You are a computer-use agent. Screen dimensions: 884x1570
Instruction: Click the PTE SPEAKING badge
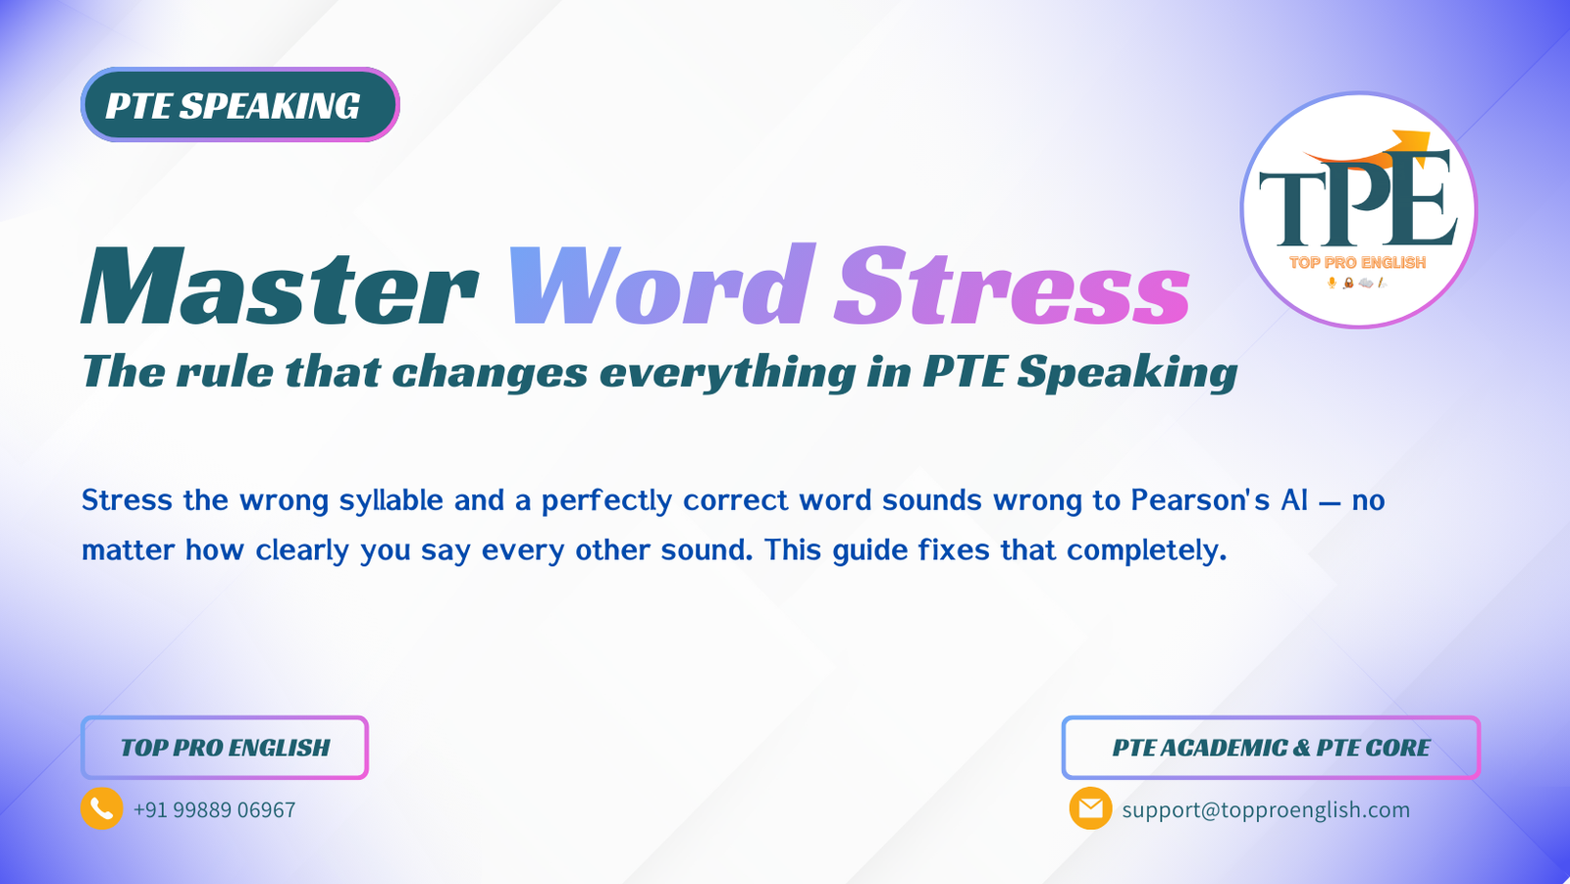coord(239,105)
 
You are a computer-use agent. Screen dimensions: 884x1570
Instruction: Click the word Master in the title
coord(281,286)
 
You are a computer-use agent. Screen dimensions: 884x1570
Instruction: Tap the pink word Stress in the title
coord(1012,286)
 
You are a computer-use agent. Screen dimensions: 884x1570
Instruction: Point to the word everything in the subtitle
coord(727,373)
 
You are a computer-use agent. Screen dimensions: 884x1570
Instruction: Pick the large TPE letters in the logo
coord(1358,201)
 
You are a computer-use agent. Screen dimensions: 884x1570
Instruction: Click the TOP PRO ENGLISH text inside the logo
coord(1357,263)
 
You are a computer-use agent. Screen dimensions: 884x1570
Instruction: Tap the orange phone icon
coord(102,808)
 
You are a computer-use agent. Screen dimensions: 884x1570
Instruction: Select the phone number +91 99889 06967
coord(214,810)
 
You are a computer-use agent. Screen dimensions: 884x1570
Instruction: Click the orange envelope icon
coord(1090,808)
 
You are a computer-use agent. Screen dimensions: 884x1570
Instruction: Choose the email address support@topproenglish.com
coord(1266,810)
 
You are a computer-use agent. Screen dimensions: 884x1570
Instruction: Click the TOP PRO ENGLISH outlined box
coord(225,748)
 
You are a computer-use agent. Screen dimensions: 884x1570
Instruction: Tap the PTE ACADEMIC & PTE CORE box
coord(1271,748)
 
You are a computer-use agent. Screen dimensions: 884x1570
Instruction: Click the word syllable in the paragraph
coord(392,501)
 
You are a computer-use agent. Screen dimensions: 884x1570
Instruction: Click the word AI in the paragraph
coord(1294,500)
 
